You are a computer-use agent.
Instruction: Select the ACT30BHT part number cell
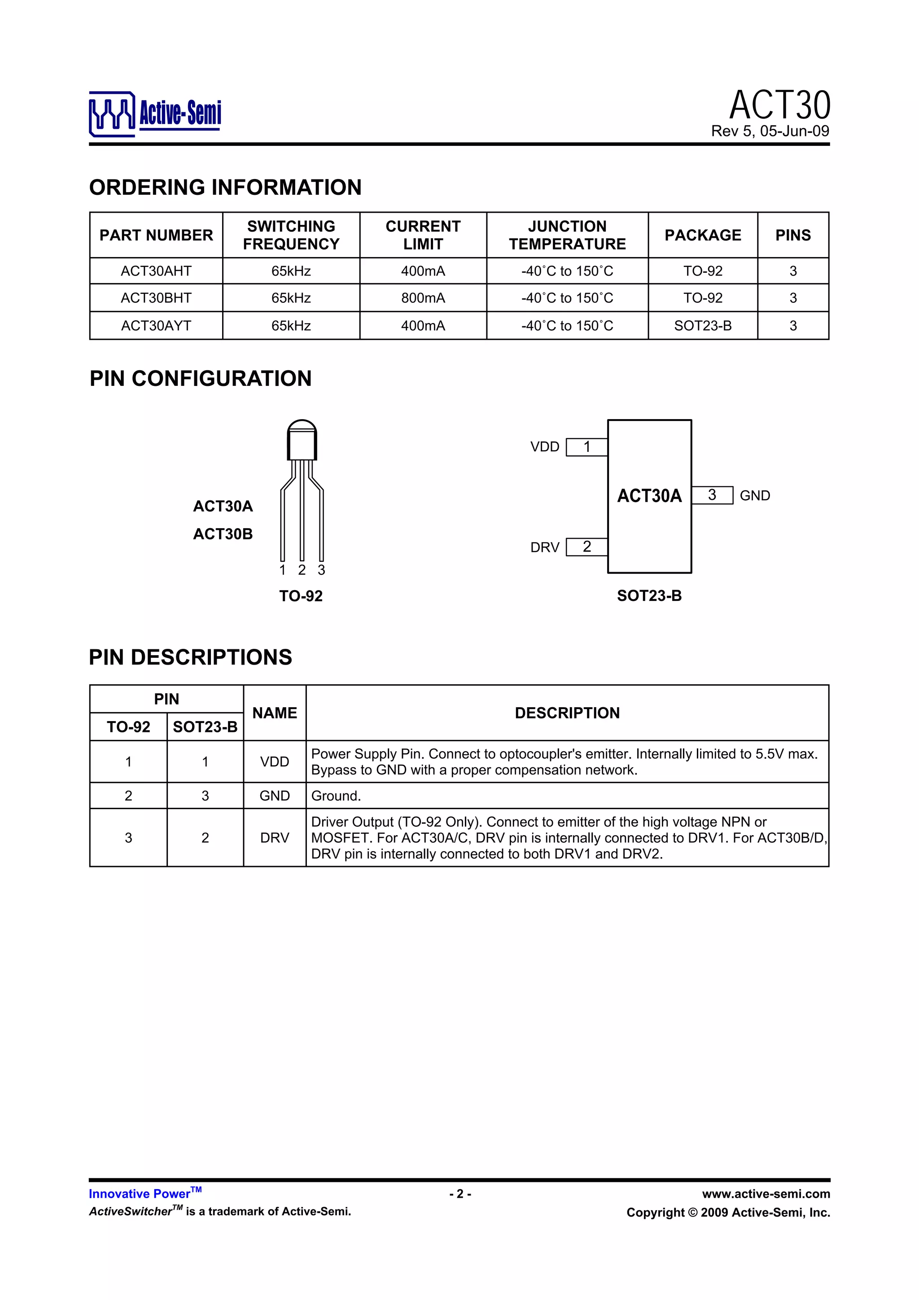point(156,298)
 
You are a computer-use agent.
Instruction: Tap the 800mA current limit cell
point(423,298)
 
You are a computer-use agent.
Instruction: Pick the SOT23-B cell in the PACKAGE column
point(703,326)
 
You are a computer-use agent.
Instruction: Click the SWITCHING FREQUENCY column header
point(291,235)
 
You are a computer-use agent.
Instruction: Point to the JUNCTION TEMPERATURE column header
point(567,235)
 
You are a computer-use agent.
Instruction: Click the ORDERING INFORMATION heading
point(225,188)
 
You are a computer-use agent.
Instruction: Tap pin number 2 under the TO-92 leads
point(302,570)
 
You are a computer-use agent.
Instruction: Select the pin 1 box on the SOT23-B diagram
point(586,447)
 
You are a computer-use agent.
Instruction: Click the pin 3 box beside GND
point(712,495)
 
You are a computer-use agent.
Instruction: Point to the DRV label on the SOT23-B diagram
point(545,547)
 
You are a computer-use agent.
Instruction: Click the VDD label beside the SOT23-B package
point(545,447)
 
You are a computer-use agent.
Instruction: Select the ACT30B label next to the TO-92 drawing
point(223,534)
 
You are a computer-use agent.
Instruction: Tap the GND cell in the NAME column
point(275,796)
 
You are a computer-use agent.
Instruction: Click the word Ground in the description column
point(336,796)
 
